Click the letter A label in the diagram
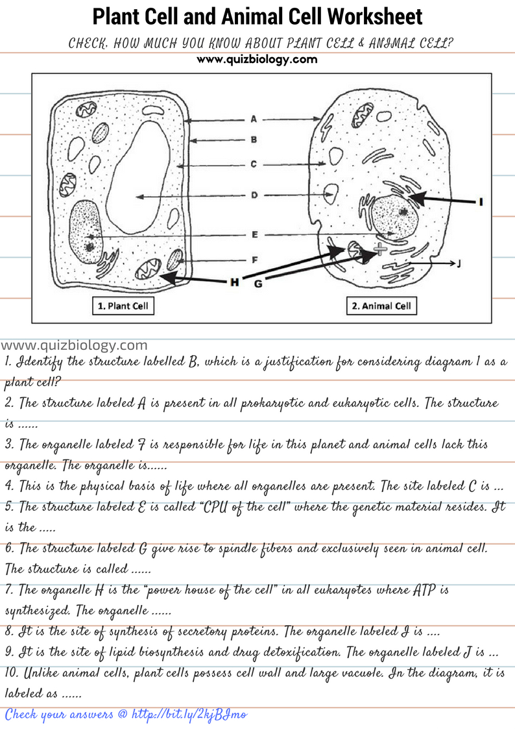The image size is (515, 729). tap(254, 119)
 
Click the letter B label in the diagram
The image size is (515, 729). tap(254, 139)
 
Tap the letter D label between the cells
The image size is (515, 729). tap(254, 195)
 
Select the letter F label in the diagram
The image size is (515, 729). tap(254, 260)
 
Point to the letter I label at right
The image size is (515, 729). tap(480, 202)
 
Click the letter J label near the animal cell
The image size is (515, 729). tap(459, 264)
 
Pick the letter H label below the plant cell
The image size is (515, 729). tap(234, 282)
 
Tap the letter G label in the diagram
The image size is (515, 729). tap(257, 284)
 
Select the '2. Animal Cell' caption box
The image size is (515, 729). tap(381, 306)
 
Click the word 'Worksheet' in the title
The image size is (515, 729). tap(374, 16)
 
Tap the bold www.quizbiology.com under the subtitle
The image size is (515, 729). tap(257, 59)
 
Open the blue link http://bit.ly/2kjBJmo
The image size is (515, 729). tap(189, 715)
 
